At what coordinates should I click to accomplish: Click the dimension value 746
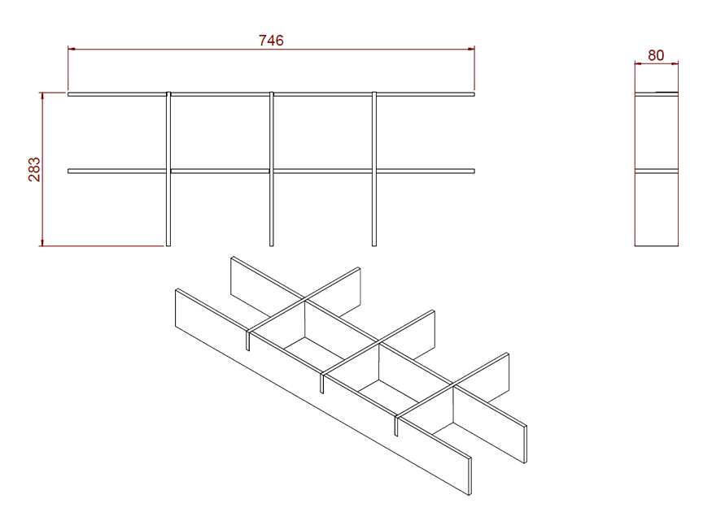[271, 41]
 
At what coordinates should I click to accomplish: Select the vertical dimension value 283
[34, 169]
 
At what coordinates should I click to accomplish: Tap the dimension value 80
[656, 55]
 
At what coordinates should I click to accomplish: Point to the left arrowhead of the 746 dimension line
[72, 49]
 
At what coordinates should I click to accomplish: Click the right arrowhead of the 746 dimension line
[471, 49]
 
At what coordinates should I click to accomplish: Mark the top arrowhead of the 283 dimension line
[42, 96]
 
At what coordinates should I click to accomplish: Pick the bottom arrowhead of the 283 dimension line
[42, 242]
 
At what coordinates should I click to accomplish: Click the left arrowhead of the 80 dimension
[638, 63]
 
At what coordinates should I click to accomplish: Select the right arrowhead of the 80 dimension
[675, 63]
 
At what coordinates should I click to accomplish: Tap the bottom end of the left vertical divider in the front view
[168, 245]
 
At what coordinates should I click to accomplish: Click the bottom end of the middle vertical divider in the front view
[272, 245]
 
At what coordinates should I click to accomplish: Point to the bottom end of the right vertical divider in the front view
[374, 245]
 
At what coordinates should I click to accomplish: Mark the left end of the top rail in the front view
[68, 94]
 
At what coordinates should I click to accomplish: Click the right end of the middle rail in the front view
[474, 171]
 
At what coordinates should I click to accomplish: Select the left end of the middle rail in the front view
[68, 171]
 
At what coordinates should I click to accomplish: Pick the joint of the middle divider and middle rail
[272, 171]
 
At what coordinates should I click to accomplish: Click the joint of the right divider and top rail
[374, 94]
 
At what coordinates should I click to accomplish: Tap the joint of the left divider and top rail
[168, 94]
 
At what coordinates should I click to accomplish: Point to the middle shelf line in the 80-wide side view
[657, 171]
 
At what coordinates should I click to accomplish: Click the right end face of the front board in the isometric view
[470, 476]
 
